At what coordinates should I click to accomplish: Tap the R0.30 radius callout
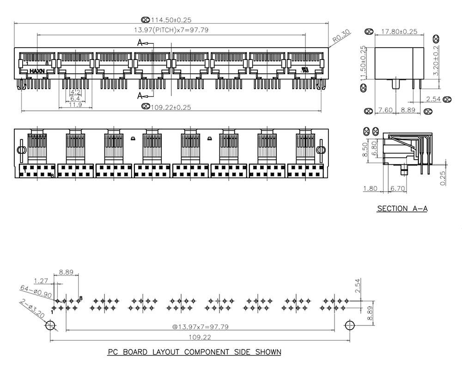342,37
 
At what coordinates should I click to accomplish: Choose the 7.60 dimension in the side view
386,111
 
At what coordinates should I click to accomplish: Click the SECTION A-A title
402,209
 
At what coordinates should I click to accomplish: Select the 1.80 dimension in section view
371,188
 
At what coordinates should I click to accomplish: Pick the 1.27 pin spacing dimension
41,280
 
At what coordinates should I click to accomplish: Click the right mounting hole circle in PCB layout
350,325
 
